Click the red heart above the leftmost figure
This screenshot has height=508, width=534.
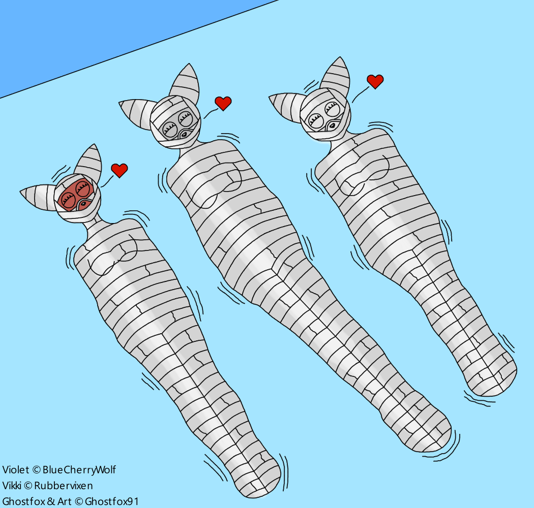click(x=119, y=170)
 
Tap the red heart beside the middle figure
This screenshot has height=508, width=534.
click(x=223, y=103)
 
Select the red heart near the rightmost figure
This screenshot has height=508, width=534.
click(x=375, y=81)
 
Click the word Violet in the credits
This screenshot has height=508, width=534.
click(x=16, y=469)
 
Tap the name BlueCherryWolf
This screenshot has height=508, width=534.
click(x=79, y=469)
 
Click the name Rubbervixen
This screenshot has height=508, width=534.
click(x=64, y=485)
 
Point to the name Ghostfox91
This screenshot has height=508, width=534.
click(x=112, y=501)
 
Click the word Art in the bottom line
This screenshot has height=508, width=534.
click(x=65, y=501)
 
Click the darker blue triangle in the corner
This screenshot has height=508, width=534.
click(x=102, y=30)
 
